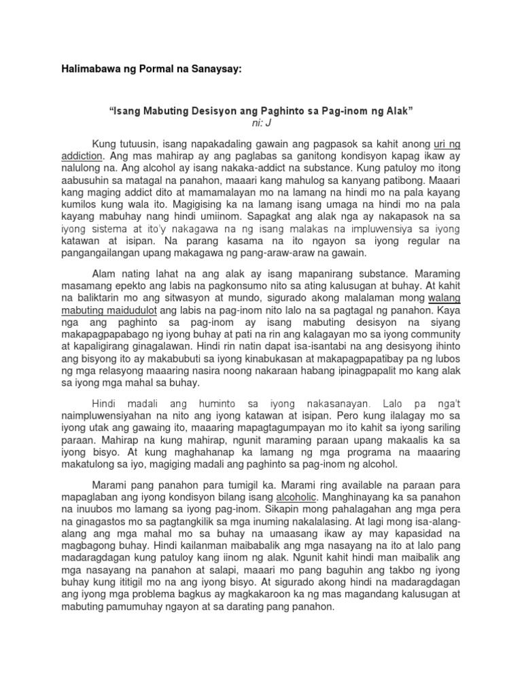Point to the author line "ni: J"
(261, 124)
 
